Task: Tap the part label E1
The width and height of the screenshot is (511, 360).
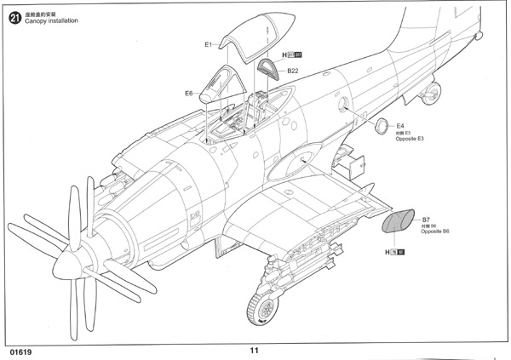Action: click(209, 44)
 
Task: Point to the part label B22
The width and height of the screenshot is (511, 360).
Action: click(292, 71)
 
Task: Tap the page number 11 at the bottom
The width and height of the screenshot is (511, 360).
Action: click(254, 350)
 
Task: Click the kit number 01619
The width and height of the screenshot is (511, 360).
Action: click(22, 350)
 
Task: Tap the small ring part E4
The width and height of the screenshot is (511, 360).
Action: click(384, 127)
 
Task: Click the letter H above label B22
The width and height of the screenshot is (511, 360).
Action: click(284, 55)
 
